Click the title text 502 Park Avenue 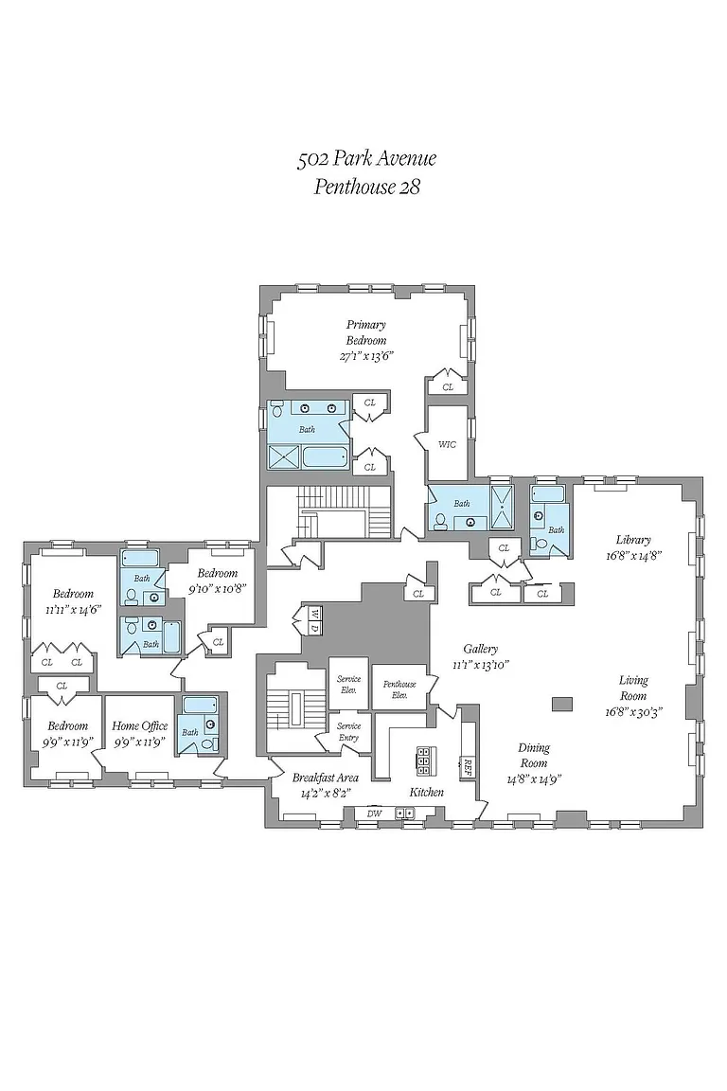(x=366, y=159)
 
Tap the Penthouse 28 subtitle (x=366, y=187)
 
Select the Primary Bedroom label (x=365, y=332)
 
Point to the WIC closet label (x=447, y=443)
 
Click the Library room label (x=633, y=540)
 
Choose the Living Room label (x=633, y=688)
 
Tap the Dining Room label (x=534, y=755)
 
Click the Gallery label (x=481, y=649)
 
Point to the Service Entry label (x=349, y=731)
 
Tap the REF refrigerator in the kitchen (x=466, y=766)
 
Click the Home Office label (x=140, y=726)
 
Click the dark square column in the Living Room (x=561, y=704)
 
